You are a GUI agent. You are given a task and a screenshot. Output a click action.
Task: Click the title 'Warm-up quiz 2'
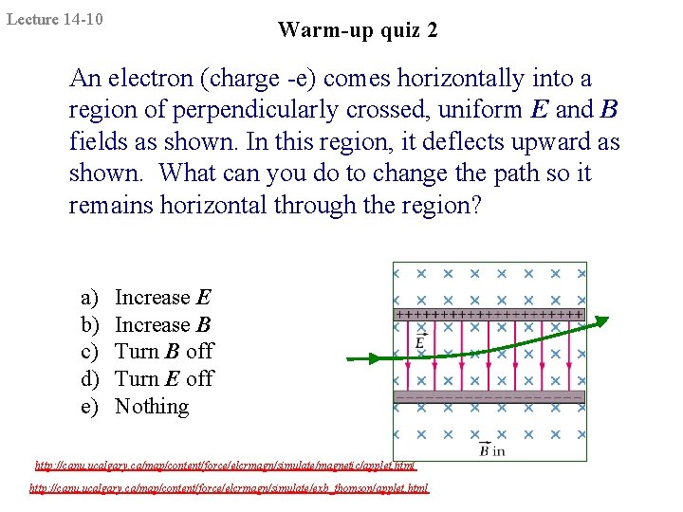[x=358, y=30]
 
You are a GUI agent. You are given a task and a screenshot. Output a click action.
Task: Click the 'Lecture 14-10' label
[x=55, y=19]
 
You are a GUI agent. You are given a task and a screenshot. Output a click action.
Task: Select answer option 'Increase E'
[x=163, y=298]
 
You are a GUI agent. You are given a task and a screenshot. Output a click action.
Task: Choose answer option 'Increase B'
[x=163, y=325]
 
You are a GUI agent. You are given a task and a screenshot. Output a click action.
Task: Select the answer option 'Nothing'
[x=152, y=407]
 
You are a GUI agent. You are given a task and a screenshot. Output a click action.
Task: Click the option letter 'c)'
[x=90, y=352]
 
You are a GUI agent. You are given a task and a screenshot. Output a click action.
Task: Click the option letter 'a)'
[x=90, y=298]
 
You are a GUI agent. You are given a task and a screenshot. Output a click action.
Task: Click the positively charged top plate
[x=489, y=314]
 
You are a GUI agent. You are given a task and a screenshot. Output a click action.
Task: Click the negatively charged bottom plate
[x=489, y=397]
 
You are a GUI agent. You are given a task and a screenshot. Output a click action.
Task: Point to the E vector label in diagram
[x=419, y=342]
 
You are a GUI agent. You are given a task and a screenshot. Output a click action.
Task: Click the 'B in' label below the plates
[x=491, y=449]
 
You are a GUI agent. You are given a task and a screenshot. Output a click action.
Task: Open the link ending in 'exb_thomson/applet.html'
[x=229, y=488]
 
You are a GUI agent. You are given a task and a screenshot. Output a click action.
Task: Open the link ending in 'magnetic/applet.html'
[x=226, y=466]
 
